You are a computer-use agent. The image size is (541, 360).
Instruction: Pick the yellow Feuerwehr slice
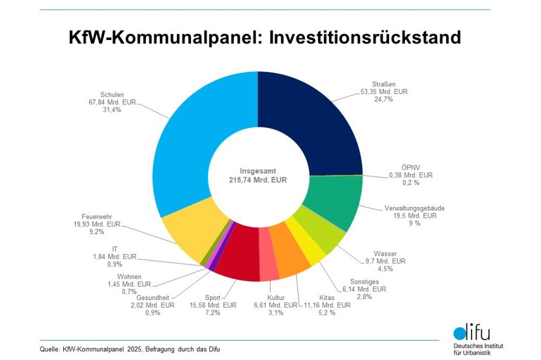[189, 232]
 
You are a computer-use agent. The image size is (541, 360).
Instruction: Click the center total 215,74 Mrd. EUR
[258, 180]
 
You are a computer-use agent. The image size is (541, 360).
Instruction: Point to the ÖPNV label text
[411, 167]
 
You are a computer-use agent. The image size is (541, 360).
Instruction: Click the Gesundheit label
[153, 297]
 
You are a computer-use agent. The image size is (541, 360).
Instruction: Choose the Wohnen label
[129, 276]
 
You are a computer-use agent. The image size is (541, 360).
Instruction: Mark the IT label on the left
[114, 249]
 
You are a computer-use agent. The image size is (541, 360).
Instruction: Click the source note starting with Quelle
[130, 349]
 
